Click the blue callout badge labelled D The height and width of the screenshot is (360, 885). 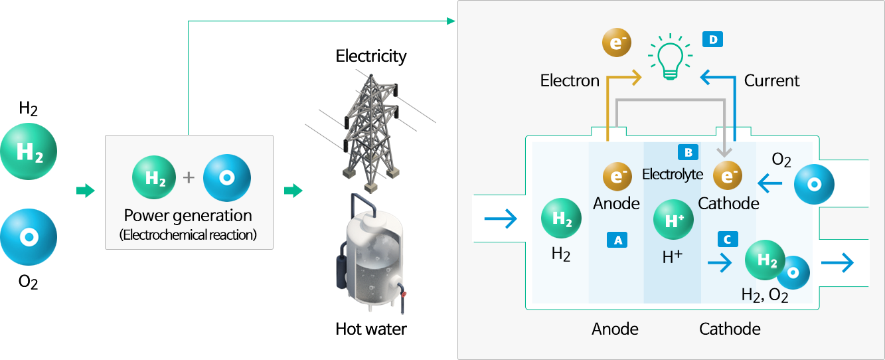coord(713,39)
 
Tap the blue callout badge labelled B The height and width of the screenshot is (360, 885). coord(688,152)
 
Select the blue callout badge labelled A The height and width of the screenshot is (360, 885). coord(617,240)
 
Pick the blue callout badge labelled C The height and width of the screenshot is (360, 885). coord(728,239)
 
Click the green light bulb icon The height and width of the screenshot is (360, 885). coord(670,57)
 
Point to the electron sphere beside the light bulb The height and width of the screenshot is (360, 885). coord(617,43)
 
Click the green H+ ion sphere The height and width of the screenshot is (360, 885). coord(673,220)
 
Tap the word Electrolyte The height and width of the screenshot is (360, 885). coord(673,174)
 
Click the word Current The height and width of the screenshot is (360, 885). coord(771,80)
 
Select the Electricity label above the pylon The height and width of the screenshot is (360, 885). coord(371,56)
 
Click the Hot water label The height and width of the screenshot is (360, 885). coord(371,329)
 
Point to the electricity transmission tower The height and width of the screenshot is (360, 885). coord(370,132)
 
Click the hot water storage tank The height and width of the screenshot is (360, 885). coord(370,255)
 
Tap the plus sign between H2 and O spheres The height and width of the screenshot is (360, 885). coord(189,177)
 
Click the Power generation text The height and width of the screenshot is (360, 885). coord(188,215)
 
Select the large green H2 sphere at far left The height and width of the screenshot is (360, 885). coord(29,151)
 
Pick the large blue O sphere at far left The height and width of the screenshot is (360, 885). coord(29,237)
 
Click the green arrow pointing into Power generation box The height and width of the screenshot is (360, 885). coord(86,191)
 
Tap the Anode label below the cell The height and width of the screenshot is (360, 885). coord(615,329)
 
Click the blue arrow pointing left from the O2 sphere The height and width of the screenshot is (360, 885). coord(769,183)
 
